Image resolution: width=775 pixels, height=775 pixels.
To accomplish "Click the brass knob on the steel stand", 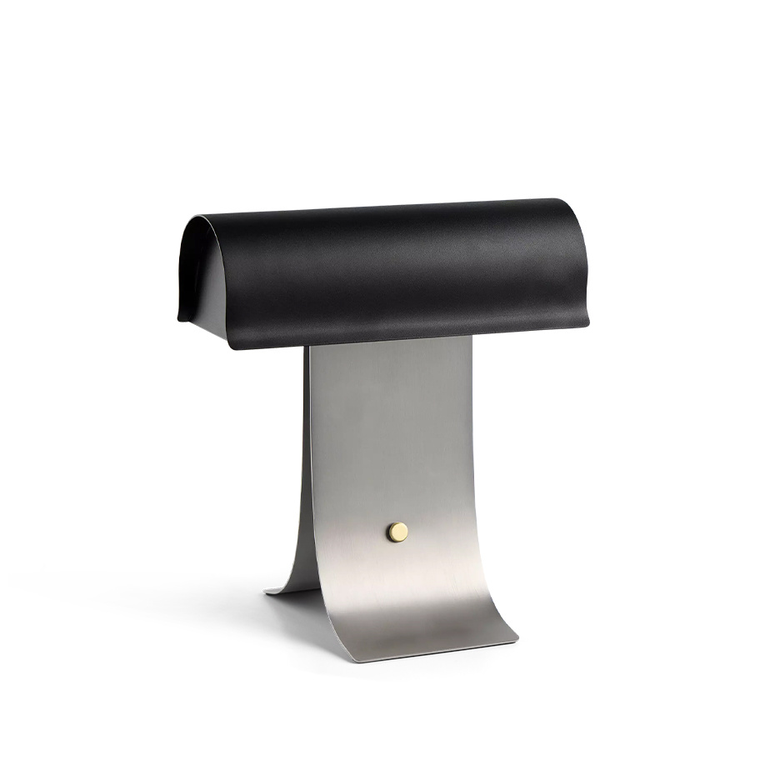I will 397,532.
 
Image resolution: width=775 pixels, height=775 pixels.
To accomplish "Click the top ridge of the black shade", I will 375,208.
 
